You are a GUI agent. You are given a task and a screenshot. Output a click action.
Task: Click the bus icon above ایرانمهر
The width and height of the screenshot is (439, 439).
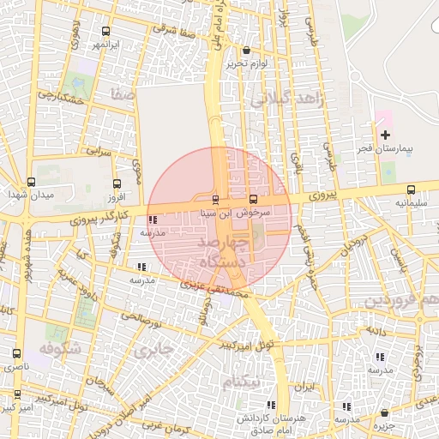click(106, 30)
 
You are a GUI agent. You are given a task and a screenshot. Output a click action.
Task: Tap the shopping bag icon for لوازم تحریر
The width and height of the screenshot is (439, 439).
click(247, 50)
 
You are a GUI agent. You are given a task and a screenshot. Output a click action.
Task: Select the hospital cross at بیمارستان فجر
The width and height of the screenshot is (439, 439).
click(385, 135)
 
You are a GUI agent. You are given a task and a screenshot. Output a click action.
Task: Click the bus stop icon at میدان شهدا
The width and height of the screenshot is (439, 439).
click(32, 182)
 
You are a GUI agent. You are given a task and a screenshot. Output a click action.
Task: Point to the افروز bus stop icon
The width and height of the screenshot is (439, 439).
click(117, 183)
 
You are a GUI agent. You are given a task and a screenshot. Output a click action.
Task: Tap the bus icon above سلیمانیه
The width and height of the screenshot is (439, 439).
click(411, 189)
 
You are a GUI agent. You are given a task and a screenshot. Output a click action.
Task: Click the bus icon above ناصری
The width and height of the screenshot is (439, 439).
click(17, 353)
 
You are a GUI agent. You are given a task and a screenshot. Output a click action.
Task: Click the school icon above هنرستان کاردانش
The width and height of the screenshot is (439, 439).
click(271, 405)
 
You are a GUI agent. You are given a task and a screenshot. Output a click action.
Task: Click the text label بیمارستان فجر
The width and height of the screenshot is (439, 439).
click(385, 149)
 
